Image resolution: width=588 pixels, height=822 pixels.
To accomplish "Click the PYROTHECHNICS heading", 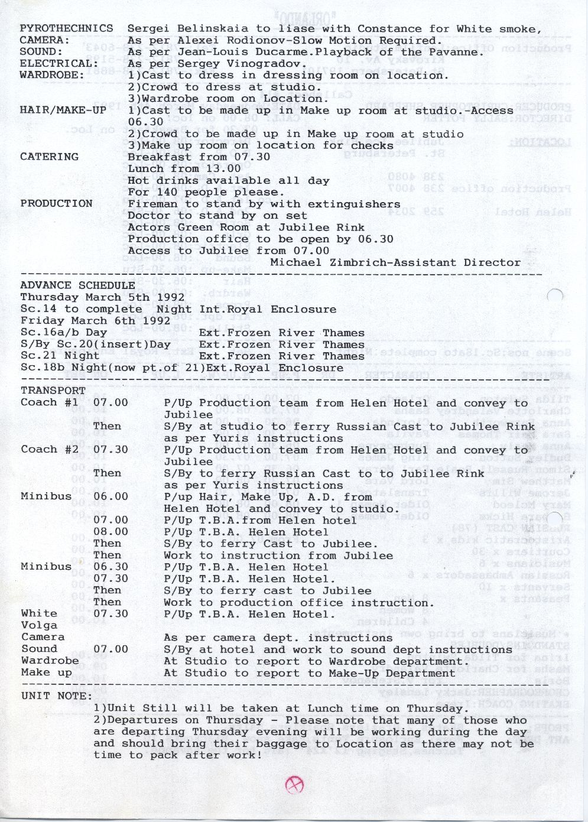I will pos(66,28).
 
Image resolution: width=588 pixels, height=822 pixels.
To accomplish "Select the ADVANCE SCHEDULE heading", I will pos(77,285).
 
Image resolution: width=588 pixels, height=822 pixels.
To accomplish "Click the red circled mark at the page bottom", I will pos(294,785).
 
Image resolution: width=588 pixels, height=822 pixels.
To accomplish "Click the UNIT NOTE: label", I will pos(56,696).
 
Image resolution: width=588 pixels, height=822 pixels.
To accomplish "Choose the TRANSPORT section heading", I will pos(53,391).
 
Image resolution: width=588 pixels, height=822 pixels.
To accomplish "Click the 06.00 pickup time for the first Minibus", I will pos(111,496).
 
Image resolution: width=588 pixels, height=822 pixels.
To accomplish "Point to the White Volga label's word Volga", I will pos(39,625).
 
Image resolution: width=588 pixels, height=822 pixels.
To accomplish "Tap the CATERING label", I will pos(49,157).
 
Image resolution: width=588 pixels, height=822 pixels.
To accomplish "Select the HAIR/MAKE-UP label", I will pos(63,110).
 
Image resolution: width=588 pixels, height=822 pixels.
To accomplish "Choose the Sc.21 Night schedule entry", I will pos(60,356).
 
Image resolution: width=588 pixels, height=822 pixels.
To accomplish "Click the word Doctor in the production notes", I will pos(150,216).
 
